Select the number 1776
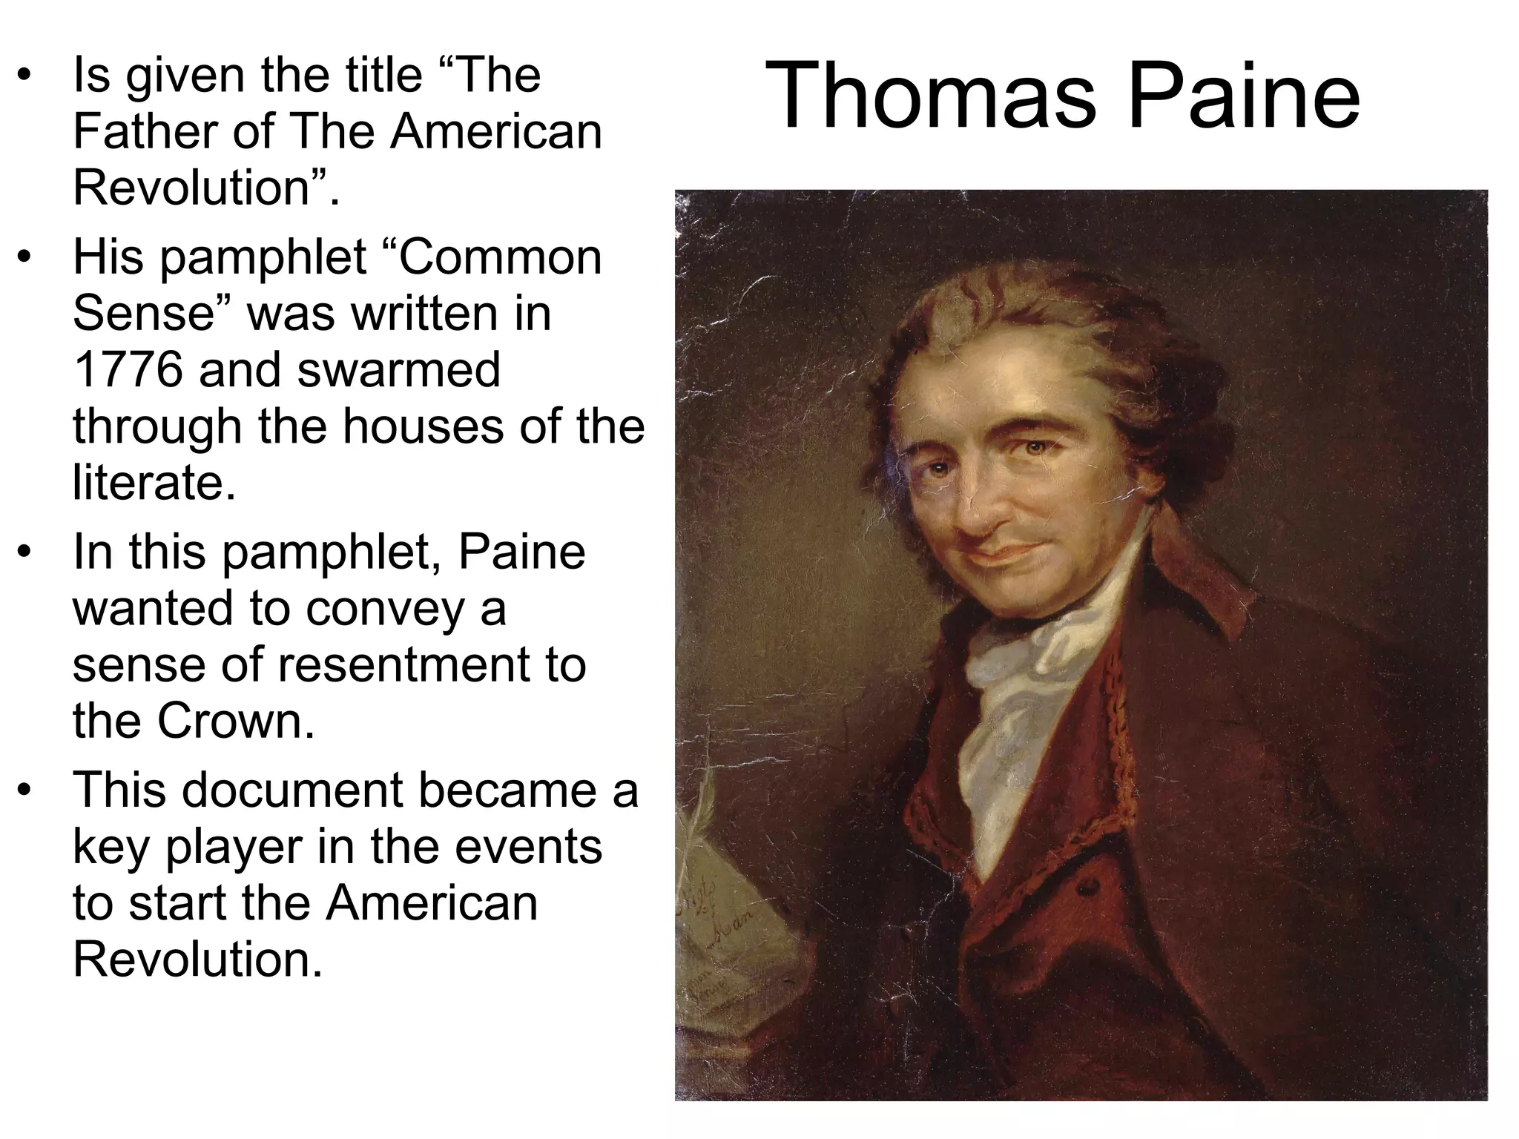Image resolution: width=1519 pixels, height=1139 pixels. tap(128, 370)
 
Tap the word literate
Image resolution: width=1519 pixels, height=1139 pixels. tap(154, 483)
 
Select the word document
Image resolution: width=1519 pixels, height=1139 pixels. tap(292, 790)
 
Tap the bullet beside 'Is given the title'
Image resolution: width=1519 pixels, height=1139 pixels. tap(26, 76)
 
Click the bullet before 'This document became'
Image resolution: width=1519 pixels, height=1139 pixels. tap(26, 790)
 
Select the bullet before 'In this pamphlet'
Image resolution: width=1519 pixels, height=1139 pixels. tap(26, 552)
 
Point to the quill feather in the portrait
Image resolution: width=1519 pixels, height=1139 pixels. tap(701, 808)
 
